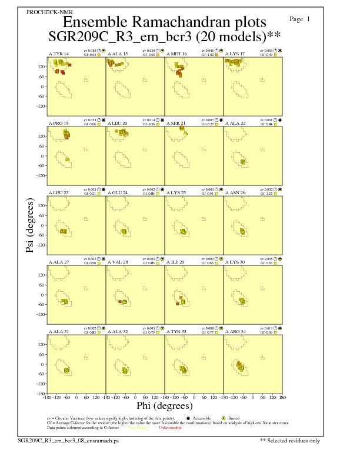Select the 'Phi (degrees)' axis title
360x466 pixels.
(164, 405)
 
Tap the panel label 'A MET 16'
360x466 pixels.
(176, 54)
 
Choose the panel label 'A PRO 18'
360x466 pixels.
(58, 123)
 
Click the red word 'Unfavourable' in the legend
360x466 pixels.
(169, 427)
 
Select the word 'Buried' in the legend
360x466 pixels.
(233, 418)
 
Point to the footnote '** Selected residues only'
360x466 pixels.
(290, 440)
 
